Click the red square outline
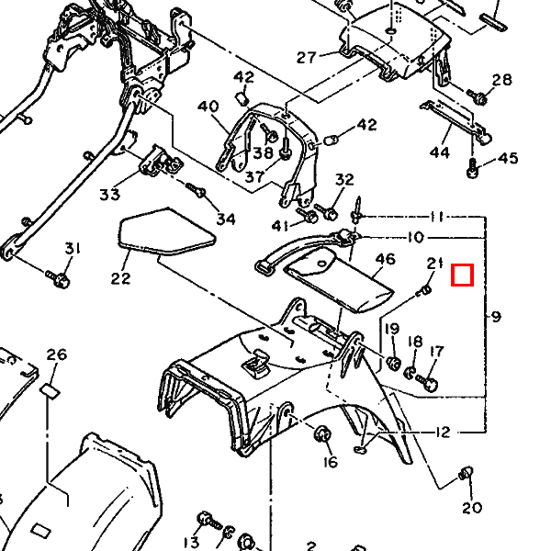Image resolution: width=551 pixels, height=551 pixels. point(463,275)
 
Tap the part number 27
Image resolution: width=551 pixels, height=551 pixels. point(306,57)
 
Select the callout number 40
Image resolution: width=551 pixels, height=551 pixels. point(208,107)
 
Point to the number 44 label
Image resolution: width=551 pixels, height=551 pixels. point(440,152)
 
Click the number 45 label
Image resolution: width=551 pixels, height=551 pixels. point(508,159)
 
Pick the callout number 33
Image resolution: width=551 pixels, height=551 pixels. point(110,195)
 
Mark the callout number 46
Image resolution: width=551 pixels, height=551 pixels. point(385,260)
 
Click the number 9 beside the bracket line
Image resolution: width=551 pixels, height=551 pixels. point(496,318)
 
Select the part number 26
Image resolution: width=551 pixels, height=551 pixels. point(57,354)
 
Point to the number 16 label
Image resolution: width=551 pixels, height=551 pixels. point(330,461)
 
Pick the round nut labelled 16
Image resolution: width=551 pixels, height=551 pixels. point(323,433)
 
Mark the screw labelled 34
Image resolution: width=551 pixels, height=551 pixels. point(196,190)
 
